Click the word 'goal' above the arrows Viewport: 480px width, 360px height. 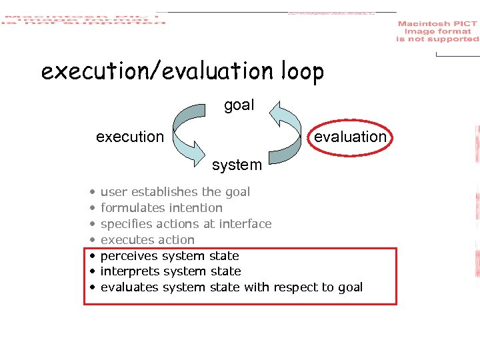click(239, 105)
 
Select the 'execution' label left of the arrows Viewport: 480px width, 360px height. click(129, 137)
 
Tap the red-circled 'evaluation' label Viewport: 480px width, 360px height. click(349, 137)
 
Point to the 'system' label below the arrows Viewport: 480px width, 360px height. click(237, 165)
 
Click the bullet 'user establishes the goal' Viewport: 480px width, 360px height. click(175, 192)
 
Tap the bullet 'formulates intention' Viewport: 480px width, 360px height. click(161, 208)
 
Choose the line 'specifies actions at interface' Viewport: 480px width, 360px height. click(185, 224)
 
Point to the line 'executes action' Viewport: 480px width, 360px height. click(147, 240)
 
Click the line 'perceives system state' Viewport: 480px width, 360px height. click(169, 256)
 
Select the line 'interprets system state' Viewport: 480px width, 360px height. click(170, 271)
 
